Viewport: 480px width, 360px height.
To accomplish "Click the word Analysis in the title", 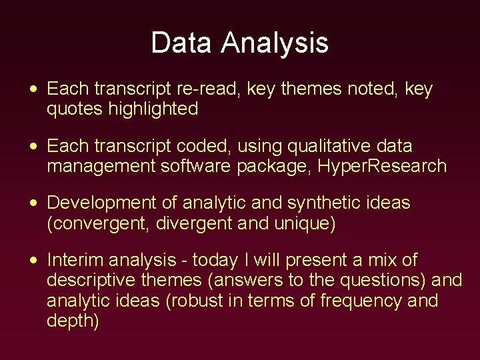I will pyautogui.click(x=275, y=43).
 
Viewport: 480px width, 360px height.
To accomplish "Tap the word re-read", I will pyautogui.click(x=211, y=89).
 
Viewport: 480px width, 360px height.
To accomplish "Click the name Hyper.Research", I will pyautogui.click(x=383, y=166).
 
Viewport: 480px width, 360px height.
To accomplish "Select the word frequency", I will pyautogui.click(x=361, y=301).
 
